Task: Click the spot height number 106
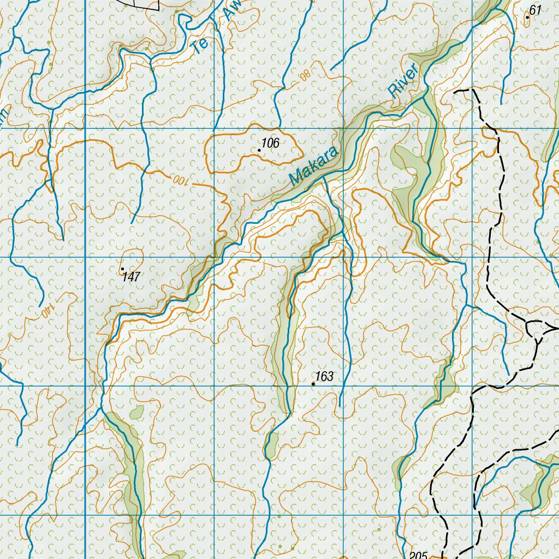click(271, 144)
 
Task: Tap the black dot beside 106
click(259, 150)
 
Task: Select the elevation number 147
click(132, 277)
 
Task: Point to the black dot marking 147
click(122, 269)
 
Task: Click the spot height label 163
click(324, 377)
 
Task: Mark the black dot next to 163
click(313, 384)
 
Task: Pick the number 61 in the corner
click(536, 10)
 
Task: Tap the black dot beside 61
click(527, 17)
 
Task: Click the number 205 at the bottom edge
click(418, 555)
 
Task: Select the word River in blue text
click(403, 81)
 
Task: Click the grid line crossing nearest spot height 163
click(343, 386)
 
